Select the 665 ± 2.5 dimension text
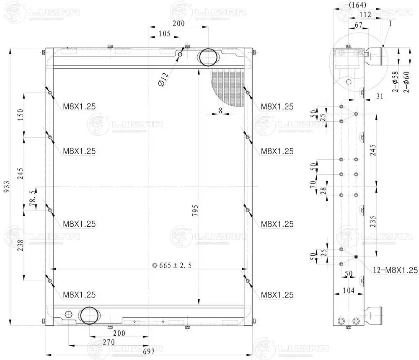(176, 265)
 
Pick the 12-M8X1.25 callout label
(395, 271)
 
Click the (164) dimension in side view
(357, 5)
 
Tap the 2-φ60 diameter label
(406, 82)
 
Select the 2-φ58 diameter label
(395, 82)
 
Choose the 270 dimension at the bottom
(109, 342)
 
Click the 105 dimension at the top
(164, 34)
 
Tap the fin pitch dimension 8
(220, 110)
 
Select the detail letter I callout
(390, 24)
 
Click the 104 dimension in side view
(348, 290)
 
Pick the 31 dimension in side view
(380, 97)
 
